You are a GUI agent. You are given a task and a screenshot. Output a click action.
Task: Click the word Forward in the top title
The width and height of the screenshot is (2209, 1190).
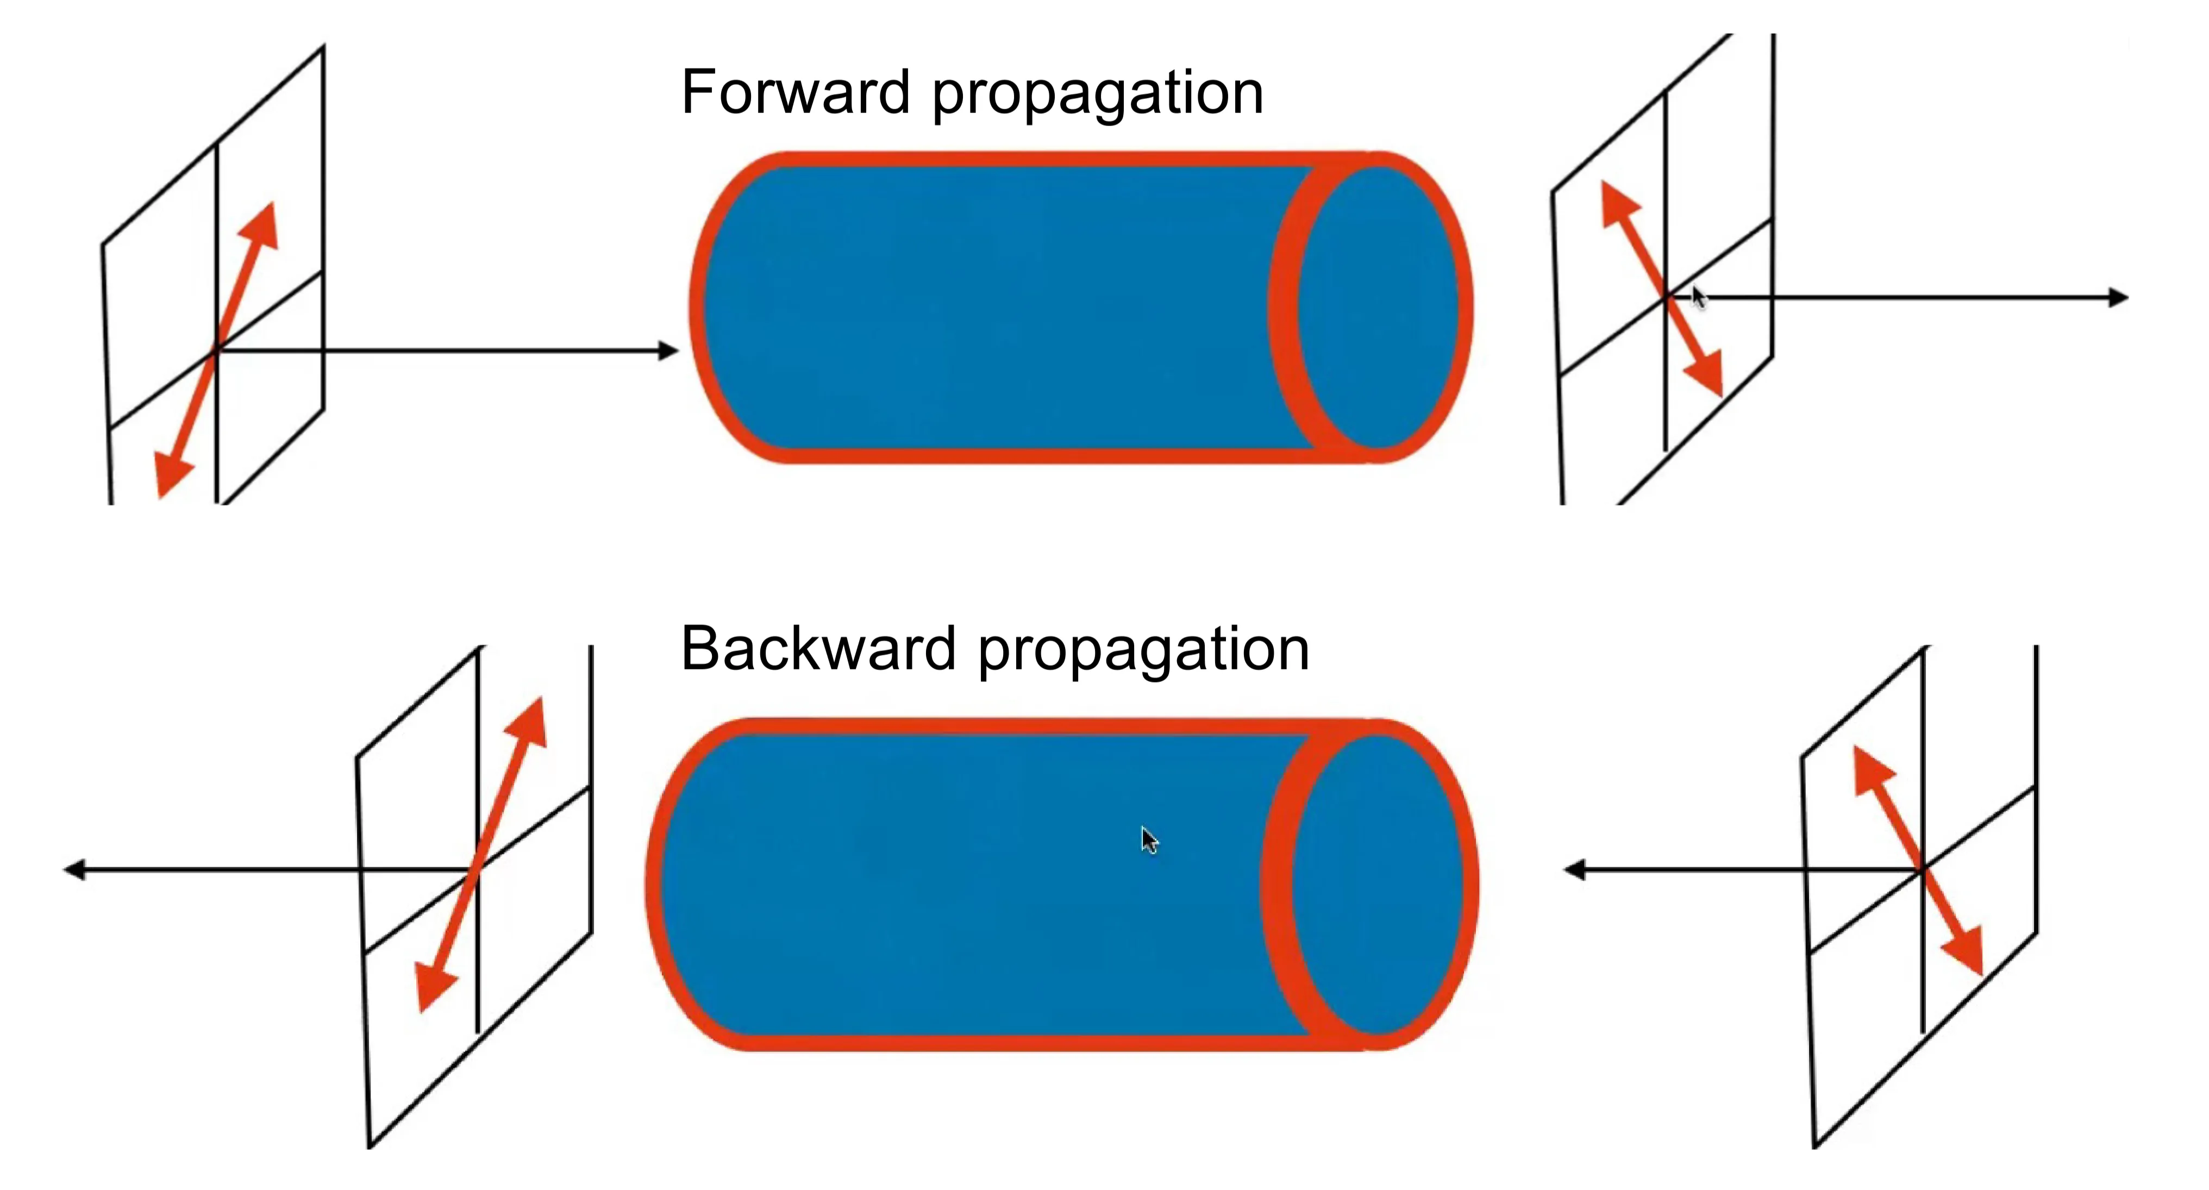(795, 92)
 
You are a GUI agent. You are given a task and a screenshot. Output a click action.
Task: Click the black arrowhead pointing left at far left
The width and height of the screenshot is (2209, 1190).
(76, 870)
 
